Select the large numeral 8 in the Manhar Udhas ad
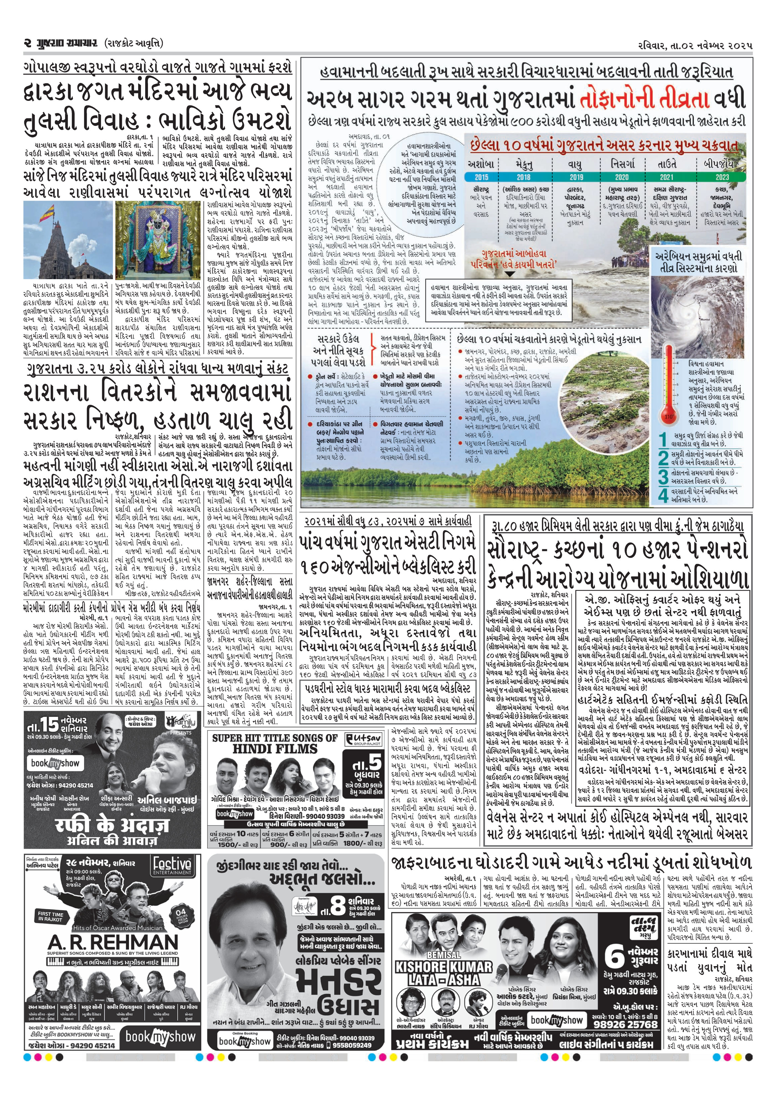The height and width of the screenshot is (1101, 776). pyautogui.click(x=339, y=894)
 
